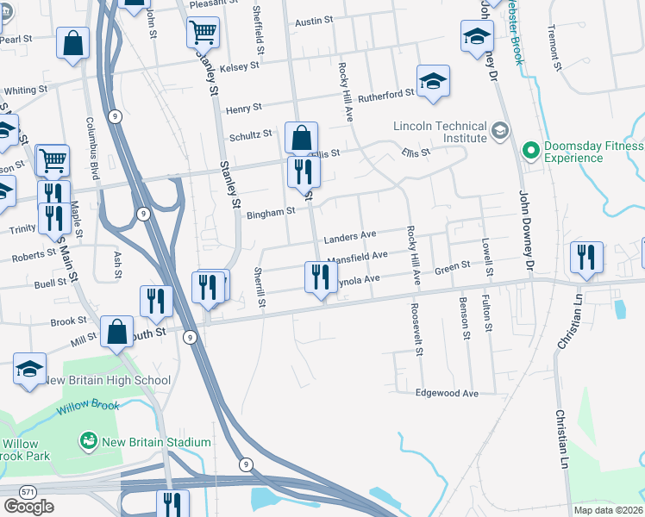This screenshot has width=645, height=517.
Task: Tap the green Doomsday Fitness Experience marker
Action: [529, 151]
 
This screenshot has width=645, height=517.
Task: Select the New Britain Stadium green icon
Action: [87, 442]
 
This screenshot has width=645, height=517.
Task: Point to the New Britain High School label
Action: [107, 380]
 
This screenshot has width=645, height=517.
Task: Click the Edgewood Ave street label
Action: [447, 393]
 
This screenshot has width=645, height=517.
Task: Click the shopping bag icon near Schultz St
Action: [302, 138]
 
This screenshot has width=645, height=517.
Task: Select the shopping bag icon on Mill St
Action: [116, 332]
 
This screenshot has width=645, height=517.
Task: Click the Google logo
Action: [28, 507]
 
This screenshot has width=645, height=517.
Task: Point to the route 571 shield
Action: [28, 491]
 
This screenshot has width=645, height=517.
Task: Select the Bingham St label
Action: [272, 210]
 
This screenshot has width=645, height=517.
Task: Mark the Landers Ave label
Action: [350, 235]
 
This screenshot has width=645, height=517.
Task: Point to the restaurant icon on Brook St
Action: [156, 300]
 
